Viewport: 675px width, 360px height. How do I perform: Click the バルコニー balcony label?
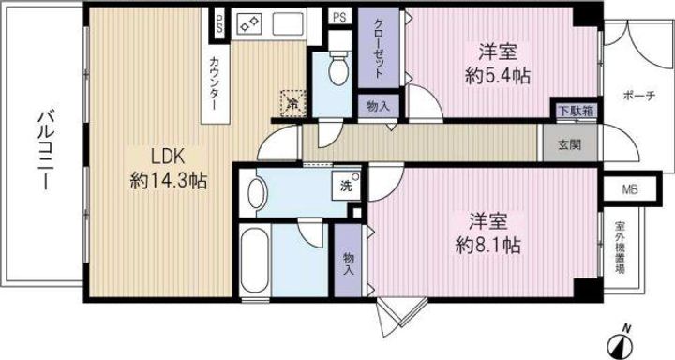click(x=47, y=150)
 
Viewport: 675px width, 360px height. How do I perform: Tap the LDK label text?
click(x=168, y=157)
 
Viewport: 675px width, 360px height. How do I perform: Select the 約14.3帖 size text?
click(x=169, y=181)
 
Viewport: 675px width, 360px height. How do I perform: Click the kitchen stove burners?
click(x=250, y=22)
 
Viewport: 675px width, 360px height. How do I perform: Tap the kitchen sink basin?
click(x=288, y=22)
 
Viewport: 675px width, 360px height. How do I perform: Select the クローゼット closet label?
click(x=379, y=49)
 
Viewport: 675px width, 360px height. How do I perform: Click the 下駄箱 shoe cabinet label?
click(x=576, y=111)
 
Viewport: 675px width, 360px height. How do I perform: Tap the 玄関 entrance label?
click(x=570, y=144)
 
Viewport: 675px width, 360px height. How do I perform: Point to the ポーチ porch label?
click(x=638, y=96)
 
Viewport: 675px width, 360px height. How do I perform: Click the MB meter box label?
click(x=630, y=189)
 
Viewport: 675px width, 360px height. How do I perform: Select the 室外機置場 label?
click(x=620, y=247)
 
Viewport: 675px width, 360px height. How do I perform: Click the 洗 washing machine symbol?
click(x=347, y=186)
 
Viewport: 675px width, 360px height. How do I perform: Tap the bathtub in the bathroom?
click(x=255, y=260)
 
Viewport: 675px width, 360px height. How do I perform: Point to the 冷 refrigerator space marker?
click(x=292, y=103)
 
